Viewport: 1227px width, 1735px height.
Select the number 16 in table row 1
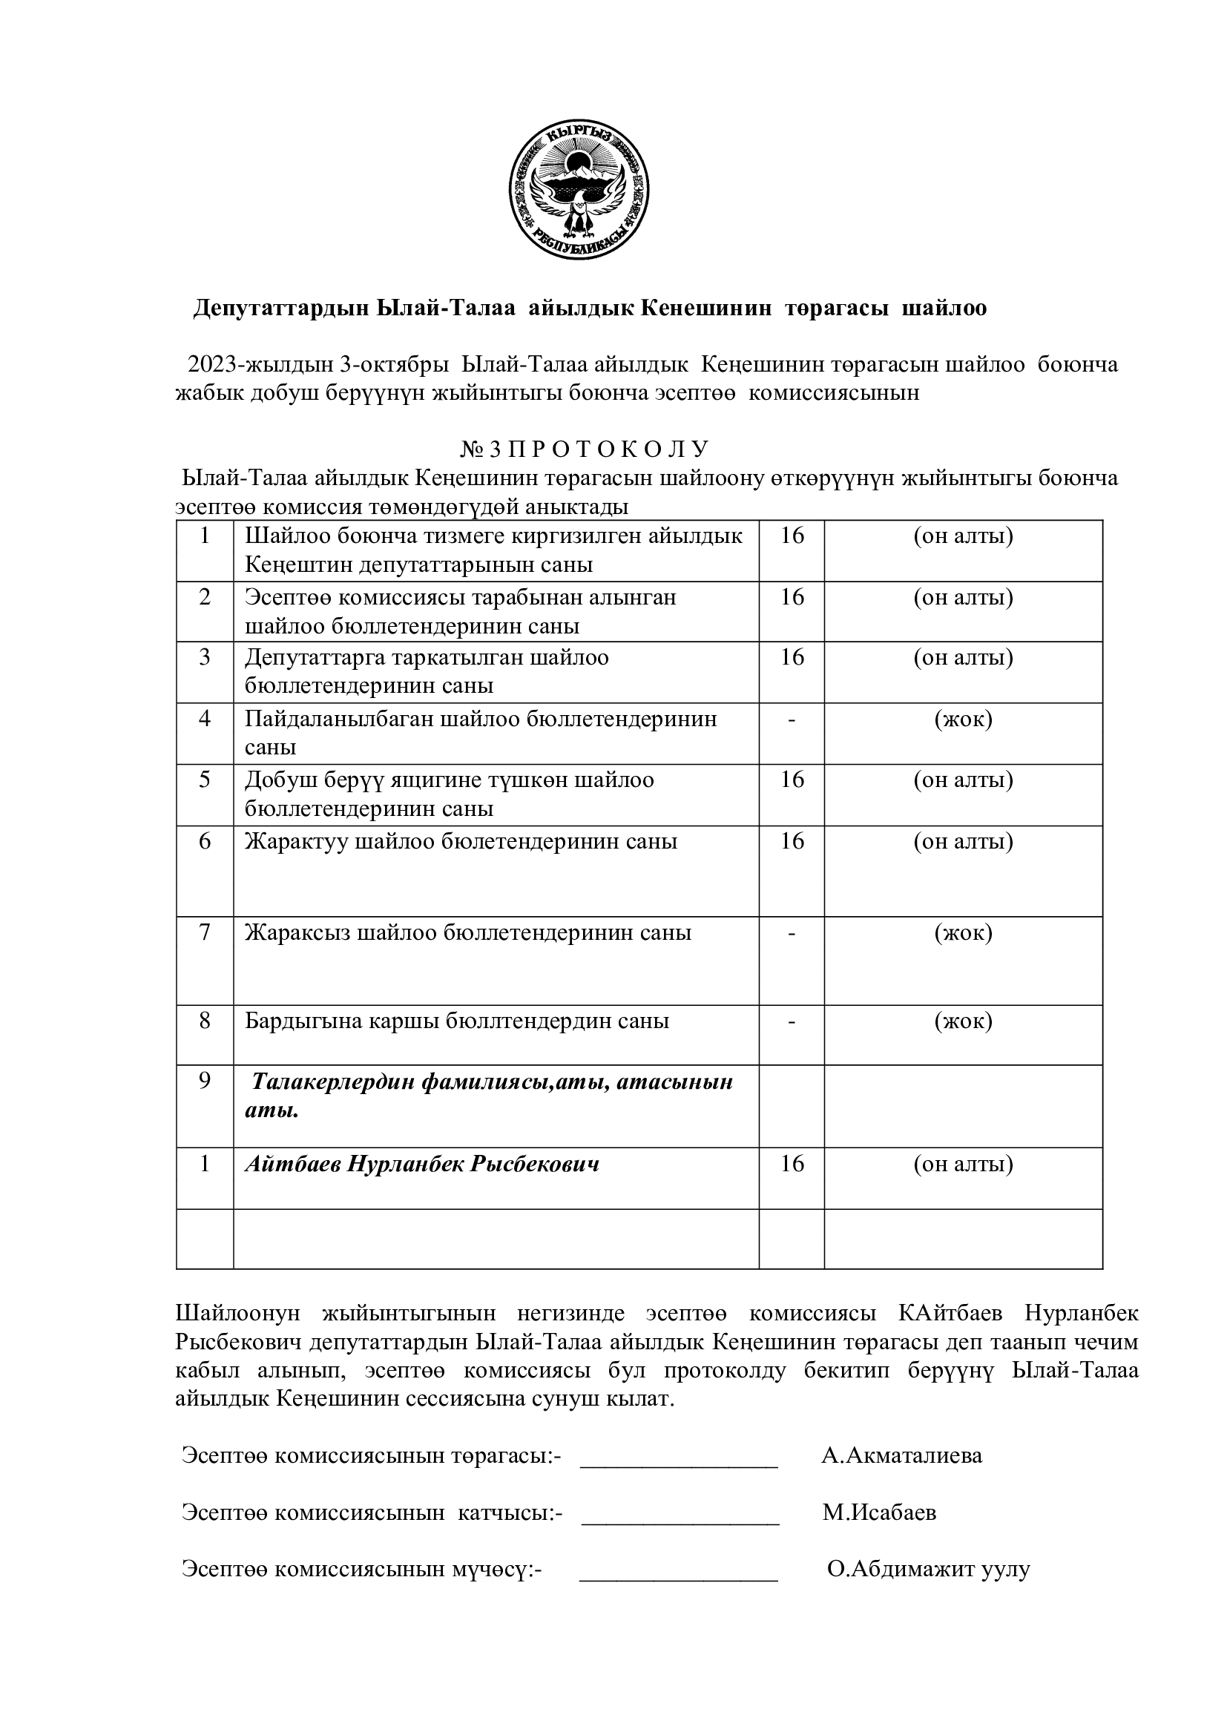coord(791,536)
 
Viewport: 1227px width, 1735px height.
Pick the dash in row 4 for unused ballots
coord(791,720)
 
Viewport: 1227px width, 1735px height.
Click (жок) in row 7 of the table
coord(964,933)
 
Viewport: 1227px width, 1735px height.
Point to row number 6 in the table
coord(205,841)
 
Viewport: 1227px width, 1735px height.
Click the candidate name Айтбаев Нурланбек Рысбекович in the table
coord(421,1164)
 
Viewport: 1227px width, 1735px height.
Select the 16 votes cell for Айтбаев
coord(791,1164)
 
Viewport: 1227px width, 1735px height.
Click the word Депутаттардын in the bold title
coord(280,309)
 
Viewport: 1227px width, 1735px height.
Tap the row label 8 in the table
coord(205,1021)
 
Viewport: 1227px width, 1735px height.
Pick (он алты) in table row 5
coord(964,780)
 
